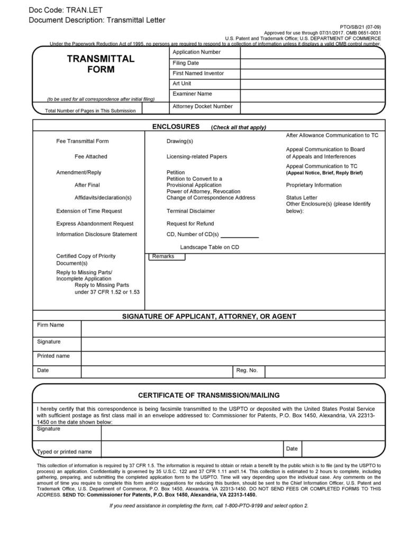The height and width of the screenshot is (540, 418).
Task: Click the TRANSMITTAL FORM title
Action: [101, 64]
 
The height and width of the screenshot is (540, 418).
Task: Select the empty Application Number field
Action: [312, 52]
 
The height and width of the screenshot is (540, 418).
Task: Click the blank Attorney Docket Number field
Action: [312, 107]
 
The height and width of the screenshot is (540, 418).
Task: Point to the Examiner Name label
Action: [192, 94]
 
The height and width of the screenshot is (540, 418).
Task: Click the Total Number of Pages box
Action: [156, 108]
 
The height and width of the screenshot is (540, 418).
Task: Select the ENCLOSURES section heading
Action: [176, 127]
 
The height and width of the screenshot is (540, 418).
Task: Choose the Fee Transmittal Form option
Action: [82, 142]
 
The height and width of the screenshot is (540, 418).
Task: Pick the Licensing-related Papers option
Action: [196, 157]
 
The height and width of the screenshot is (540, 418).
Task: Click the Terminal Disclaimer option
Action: [190, 211]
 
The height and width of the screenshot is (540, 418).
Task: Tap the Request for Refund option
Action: [190, 224]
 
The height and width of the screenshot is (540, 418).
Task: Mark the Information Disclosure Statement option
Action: [96, 235]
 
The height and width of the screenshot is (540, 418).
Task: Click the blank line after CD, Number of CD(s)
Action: [240, 235]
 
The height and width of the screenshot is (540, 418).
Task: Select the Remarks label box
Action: [166, 257]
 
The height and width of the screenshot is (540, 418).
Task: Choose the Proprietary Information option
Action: [314, 185]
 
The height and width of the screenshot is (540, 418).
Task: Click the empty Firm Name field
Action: [233, 328]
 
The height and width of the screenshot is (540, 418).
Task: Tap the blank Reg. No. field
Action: [324, 371]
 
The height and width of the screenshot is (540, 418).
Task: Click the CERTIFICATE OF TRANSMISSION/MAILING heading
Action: [208, 395]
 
